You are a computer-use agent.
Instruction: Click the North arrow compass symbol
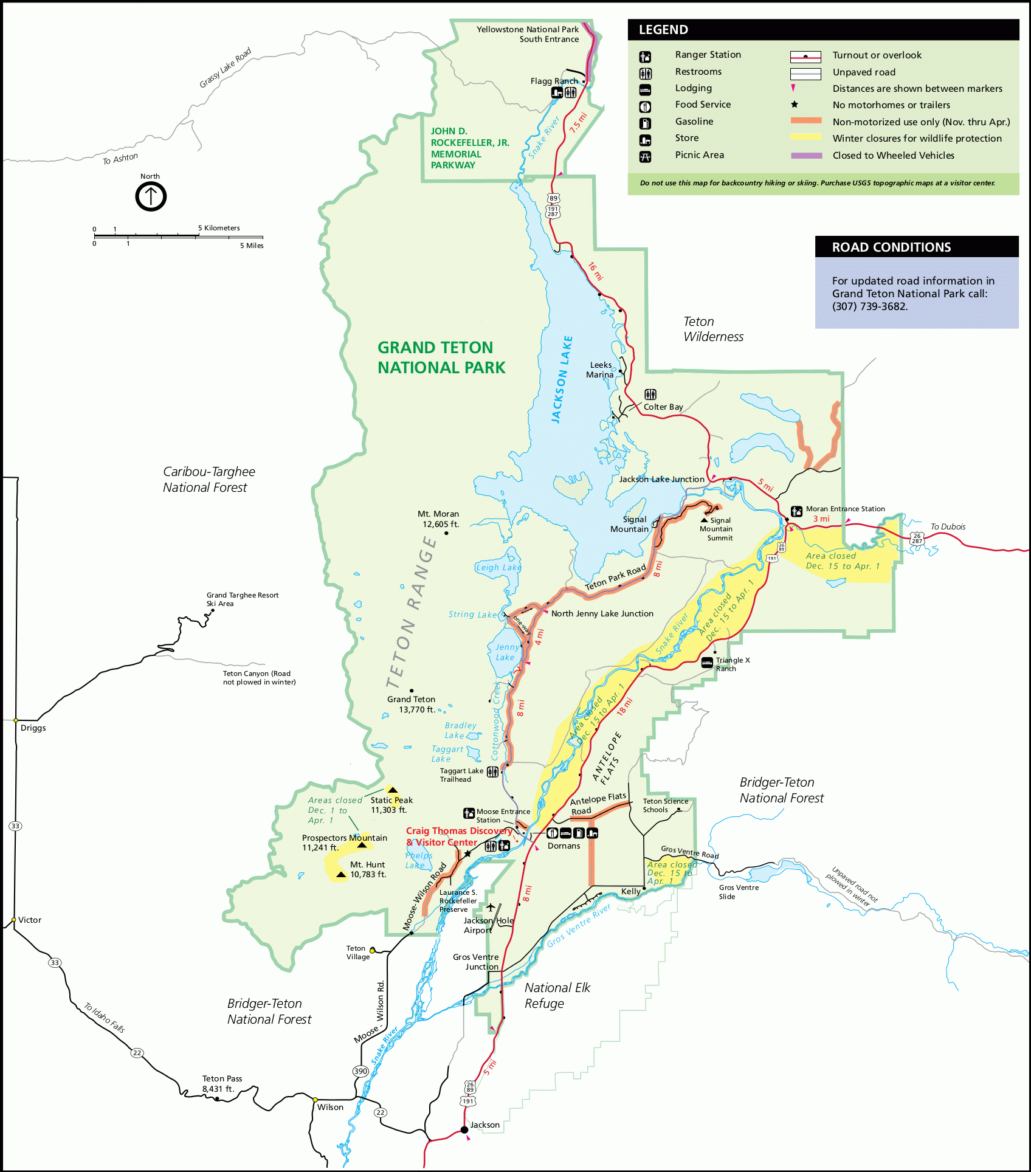point(151,196)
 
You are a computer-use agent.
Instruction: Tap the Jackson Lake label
point(562,379)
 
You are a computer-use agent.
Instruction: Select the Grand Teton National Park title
point(441,357)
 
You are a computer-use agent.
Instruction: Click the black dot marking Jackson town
point(464,1129)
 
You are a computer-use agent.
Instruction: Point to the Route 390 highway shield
point(360,1071)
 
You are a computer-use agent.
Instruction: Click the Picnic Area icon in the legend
point(645,157)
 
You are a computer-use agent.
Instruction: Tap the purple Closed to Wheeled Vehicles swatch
point(806,156)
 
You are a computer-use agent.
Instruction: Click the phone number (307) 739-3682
point(869,306)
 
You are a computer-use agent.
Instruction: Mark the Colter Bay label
point(663,407)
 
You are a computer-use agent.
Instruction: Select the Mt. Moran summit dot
point(446,533)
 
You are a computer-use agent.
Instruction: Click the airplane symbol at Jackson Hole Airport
point(491,908)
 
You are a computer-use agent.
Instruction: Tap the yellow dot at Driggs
point(16,720)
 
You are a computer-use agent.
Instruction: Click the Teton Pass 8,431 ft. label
point(222,1083)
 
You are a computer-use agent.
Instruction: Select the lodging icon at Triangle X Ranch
point(707,663)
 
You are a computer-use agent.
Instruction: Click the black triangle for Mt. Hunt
point(341,875)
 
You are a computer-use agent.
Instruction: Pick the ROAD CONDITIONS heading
point(891,247)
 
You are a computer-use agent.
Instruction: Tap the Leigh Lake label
point(498,567)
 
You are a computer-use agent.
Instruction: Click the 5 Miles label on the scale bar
point(252,246)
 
